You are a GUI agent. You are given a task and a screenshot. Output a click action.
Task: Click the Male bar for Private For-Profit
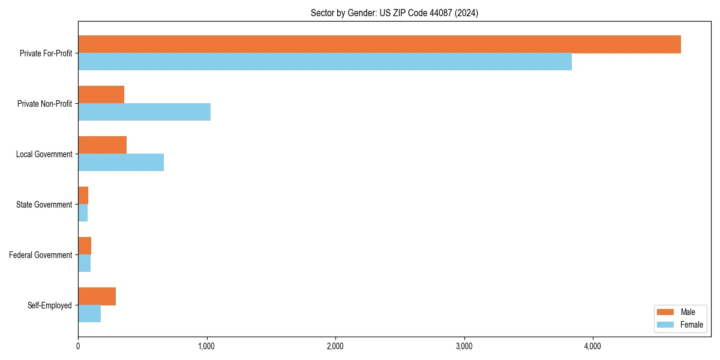click(x=379, y=44)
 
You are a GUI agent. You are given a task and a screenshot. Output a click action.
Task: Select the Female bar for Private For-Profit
click(x=325, y=62)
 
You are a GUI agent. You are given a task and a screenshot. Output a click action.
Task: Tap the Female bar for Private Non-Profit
click(x=144, y=112)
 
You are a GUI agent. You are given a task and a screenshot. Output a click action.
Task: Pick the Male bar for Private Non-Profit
click(x=101, y=95)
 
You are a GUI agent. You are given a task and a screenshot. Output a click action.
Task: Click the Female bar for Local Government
click(x=121, y=163)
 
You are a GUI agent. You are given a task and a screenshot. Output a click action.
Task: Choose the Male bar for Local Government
click(x=102, y=145)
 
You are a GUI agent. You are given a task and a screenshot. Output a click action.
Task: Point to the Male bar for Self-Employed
click(x=97, y=296)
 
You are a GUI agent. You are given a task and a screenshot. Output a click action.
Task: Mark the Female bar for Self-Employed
click(x=89, y=314)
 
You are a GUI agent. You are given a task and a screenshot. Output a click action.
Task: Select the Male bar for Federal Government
click(x=85, y=246)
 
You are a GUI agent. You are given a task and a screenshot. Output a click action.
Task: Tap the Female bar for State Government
click(x=83, y=213)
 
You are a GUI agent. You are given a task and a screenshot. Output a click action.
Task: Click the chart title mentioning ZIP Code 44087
click(x=394, y=13)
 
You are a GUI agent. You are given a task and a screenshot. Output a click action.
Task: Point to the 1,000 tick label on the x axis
click(x=206, y=346)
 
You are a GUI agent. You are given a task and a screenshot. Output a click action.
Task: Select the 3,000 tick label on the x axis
click(x=464, y=346)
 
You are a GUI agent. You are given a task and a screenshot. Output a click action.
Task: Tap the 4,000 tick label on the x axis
click(x=593, y=346)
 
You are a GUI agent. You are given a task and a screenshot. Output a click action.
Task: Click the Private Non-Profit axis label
click(x=44, y=104)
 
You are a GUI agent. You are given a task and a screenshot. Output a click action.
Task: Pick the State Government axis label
click(x=44, y=205)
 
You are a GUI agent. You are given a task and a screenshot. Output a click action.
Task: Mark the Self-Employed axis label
click(x=49, y=305)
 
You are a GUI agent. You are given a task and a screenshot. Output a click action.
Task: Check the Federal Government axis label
click(x=41, y=255)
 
